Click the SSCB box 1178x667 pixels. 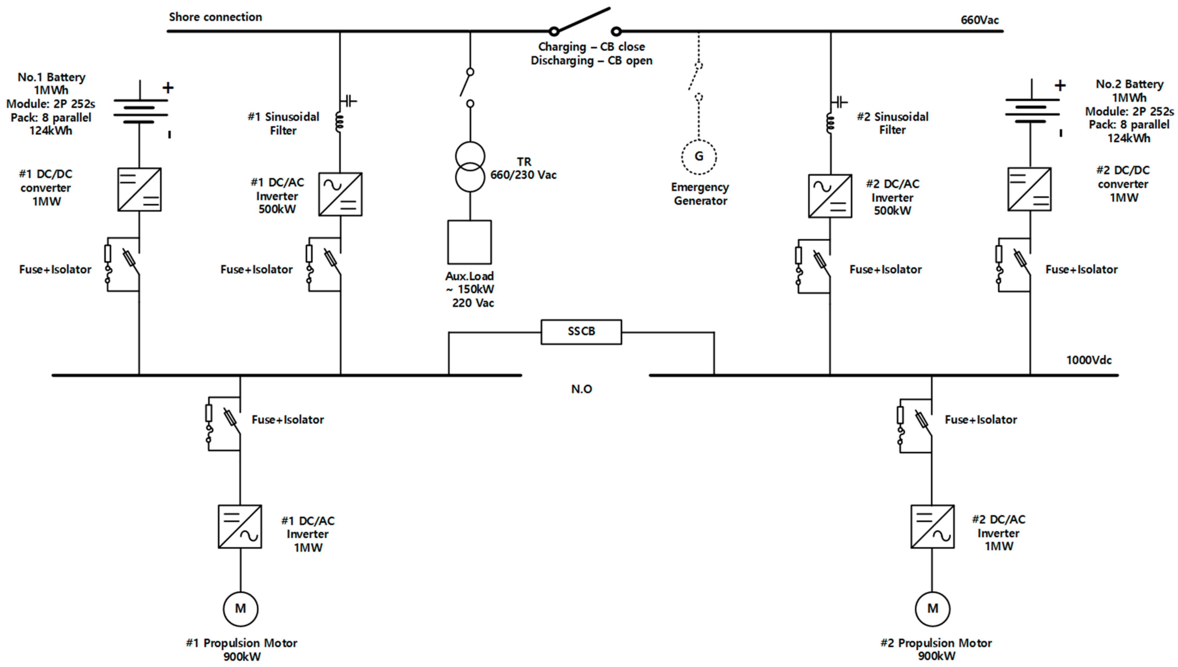point(581,332)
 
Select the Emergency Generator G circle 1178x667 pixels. point(698,157)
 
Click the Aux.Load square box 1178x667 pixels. point(469,242)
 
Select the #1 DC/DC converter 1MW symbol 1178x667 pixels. point(139,189)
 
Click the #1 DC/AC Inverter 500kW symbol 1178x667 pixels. point(340,194)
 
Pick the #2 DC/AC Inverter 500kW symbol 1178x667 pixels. point(830,196)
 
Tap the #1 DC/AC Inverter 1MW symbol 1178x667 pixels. point(240,526)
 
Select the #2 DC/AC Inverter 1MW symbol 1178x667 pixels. point(932,526)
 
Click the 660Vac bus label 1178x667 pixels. point(979,20)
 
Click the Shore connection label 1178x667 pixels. point(215,17)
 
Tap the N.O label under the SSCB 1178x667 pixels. point(581,389)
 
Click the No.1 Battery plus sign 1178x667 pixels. point(168,87)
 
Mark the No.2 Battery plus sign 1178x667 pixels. point(1060,85)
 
